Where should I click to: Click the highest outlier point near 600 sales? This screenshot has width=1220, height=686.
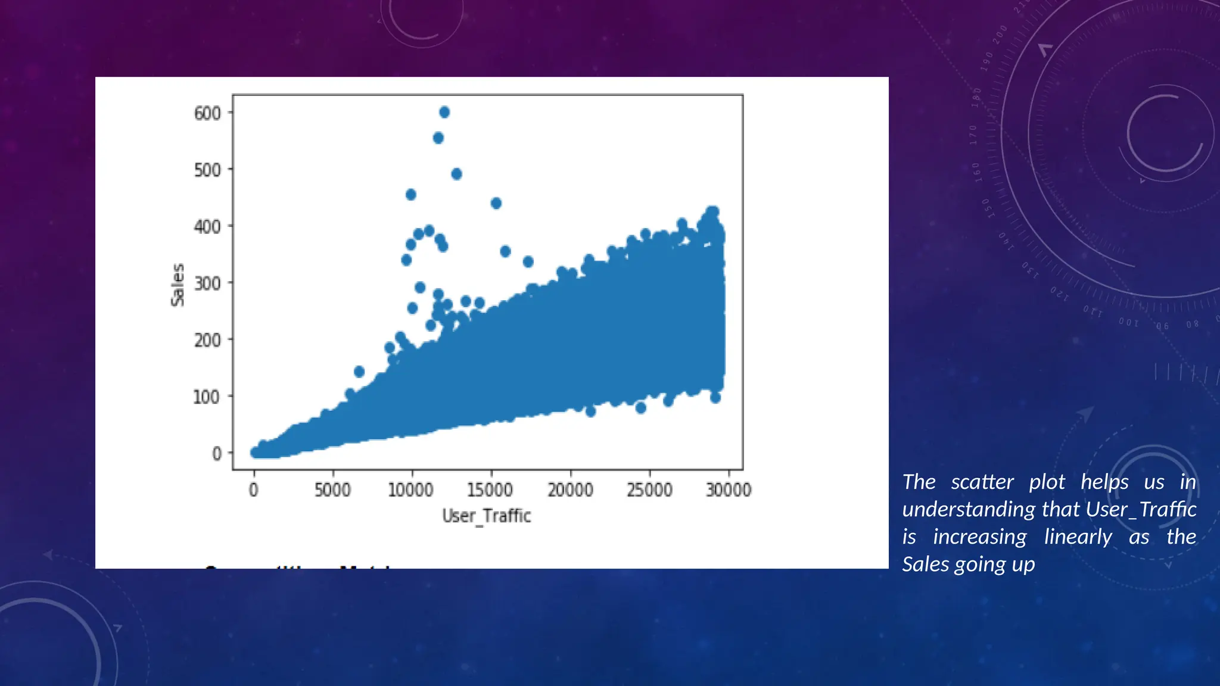pyautogui.click(x=444, y=112)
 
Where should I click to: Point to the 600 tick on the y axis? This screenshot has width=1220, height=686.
pyautogui.click(x=207, y=113)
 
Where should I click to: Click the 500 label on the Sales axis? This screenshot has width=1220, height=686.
pyautogui.click(x=207, y=170)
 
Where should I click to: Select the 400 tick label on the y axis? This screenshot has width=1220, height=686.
pyautogui.click(x=207, y=226)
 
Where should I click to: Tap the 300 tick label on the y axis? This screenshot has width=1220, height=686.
pyautogui.click(x=207, y=283)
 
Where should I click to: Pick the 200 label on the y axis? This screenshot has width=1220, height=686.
pyautogui.click(x=207, y=340)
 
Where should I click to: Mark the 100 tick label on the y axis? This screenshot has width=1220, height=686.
pyautogui.click(x=206, y=397)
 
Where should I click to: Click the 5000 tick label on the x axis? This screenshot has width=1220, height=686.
pyautogui.click(x=332, y=489)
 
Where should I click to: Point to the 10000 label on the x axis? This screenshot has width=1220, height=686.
pyautogui.click(x=411, y=489)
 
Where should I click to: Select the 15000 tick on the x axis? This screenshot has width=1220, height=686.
pyautogui.click(x=490, y=489)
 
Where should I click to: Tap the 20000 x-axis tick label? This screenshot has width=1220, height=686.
pyautogui.click(x=570, y=489)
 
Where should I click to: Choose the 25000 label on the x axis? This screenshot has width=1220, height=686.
pyautogui.click(x=649, y=489)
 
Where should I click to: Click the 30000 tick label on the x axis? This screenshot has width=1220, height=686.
pyautogui.click(x=729, y=489)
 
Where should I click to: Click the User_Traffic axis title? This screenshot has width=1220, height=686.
pyautogui.click(x=486, y=516)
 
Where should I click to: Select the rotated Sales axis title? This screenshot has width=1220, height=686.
pyautogui.click(x=178, y=285)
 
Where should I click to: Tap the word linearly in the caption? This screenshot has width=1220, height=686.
pyautogui.click(x=1078, y=537)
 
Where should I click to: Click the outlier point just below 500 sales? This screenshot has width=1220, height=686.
pyautogui.click(x=456, y=174)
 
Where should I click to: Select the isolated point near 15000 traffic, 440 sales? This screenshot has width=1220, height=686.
pyautogui.click(x=496, y=203)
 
